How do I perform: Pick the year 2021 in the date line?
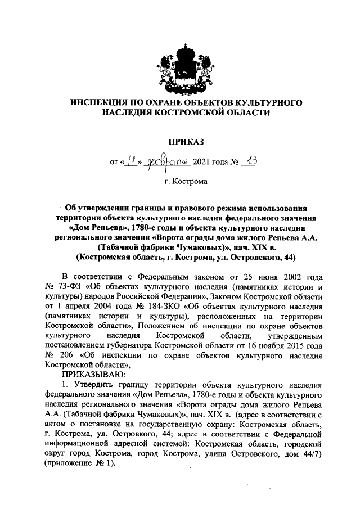[x=202, y=163]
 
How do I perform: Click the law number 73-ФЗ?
[x=70, y=286]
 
